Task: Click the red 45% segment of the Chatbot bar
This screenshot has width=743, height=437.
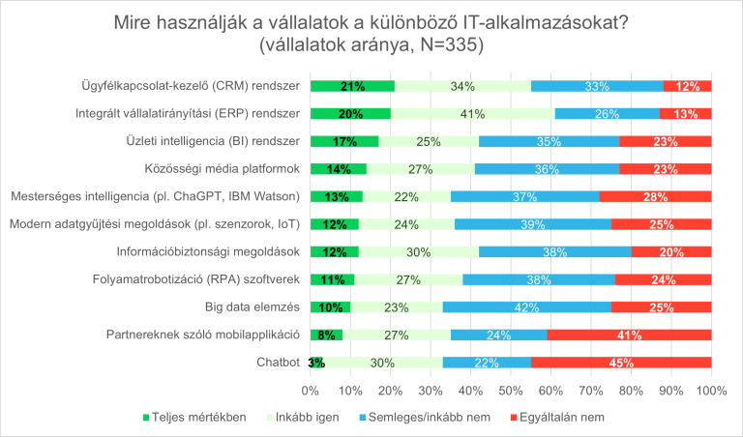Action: pos(621,364)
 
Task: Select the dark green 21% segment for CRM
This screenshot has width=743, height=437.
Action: pos(352,86)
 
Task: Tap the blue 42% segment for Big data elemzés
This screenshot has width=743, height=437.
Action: pos(527,307)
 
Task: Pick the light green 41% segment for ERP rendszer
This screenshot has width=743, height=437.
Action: pos(472,114)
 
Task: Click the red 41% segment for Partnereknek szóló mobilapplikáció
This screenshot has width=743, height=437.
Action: pos(630,335)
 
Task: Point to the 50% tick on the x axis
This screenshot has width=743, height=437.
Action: pos(511,391)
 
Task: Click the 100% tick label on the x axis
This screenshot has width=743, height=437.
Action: pos(711,391)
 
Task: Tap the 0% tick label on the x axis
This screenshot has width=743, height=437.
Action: pos(311,391)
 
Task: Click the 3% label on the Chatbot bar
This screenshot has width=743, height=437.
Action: pos(316,364)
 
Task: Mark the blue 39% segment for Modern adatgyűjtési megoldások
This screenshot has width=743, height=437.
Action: pos(533,224)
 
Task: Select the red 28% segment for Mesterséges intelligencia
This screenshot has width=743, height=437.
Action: pos(655,197)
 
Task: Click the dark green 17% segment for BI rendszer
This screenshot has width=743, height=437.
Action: pos(344,141)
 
